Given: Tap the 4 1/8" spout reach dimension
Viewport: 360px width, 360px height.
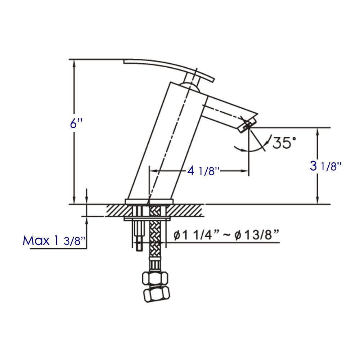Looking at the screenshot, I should click(x=203, y=171).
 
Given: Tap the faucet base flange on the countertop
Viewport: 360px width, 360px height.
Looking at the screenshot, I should click(x=149, y=201).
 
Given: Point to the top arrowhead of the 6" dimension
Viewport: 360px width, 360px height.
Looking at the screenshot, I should click(x=74, y=63).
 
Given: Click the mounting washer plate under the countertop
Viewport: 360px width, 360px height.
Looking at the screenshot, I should click(x=148, y=218).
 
